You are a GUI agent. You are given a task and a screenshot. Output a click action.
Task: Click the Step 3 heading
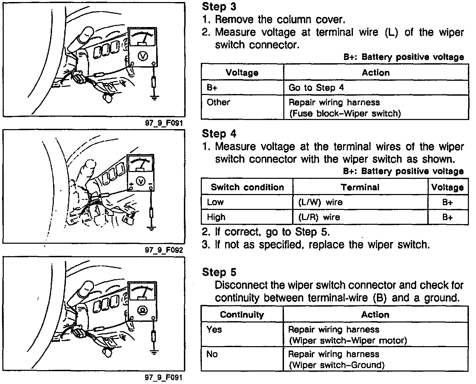(x=219, y=6)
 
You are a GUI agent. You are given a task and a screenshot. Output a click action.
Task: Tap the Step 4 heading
(x=219, y=134)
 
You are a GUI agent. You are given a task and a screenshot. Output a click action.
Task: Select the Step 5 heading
(x=219, y=272)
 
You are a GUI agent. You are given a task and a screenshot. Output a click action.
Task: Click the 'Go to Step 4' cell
(x=316, y=88)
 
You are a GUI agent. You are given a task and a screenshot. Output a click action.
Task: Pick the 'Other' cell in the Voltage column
(x=218, y=102)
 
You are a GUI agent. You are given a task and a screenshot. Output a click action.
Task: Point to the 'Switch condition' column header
(x=247, y=187)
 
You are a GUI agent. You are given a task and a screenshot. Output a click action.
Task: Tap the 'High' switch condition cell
(x=216, y=217)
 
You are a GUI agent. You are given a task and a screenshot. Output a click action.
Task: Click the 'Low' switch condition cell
(x=215, y=202)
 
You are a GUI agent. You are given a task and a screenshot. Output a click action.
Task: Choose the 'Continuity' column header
(x=242, y=315)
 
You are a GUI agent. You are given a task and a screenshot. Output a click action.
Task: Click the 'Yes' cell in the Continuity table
(x=214, y=329)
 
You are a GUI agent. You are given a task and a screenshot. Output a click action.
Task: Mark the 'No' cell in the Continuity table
(x=212, y=354)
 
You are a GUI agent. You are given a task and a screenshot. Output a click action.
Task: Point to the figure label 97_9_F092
(x=164, y=250)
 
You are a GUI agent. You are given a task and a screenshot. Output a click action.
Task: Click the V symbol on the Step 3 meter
(x=142, y=56)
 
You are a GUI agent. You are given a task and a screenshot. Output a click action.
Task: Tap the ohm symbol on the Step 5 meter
(x=142, y=310)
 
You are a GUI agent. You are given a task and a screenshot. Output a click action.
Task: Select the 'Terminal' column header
(x=360, y=187)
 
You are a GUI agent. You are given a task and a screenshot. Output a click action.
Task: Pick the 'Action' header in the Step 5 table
(x=375, y=315)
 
